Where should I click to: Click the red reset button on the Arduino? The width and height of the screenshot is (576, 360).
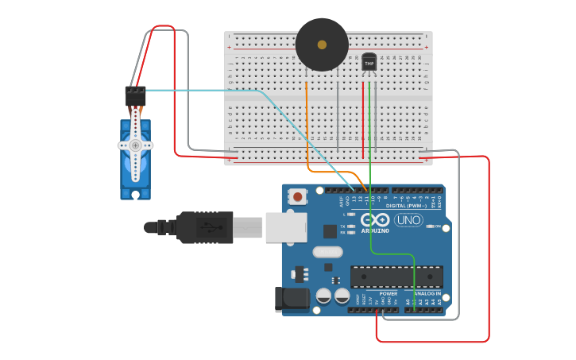[x=298, y=195]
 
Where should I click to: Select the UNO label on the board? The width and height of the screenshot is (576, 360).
[x=408, y=220]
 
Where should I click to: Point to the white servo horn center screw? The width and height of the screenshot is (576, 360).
[x=136, y=145]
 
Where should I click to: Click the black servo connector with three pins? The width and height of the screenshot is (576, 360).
[x=135, y=95]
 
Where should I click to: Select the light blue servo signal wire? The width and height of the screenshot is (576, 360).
[x=207, y=91]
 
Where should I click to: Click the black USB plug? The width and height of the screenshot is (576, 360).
[x=199, y=227]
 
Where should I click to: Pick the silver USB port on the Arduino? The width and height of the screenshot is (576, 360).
[x=285, y=227]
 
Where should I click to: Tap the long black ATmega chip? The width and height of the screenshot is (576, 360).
[x=396, y=277]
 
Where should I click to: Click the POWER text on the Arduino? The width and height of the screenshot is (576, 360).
[x=388, y=294]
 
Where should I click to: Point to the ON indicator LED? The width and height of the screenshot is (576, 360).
[x=430, y=226]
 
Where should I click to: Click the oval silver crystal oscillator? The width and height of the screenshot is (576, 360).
[x=327, y=252]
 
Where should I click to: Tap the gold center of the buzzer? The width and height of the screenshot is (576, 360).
[x=322, y=45]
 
